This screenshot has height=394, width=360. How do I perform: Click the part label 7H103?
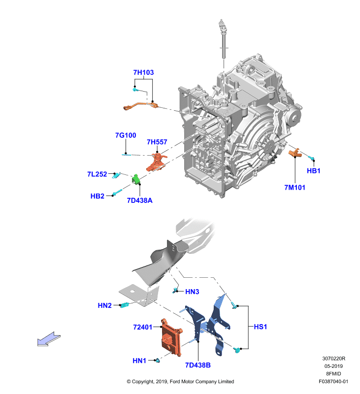tap(143, 72)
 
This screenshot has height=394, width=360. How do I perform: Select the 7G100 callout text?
tap(126, 135)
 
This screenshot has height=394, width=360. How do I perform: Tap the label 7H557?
tap(157, 142)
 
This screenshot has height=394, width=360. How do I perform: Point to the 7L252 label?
tap(97, 174)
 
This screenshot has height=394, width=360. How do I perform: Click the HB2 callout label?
tap(97, 196)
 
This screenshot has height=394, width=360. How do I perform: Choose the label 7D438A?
tap(140, 200)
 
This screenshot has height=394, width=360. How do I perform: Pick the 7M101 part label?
tap(295, 188)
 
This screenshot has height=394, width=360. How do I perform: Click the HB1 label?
tap(314, 171)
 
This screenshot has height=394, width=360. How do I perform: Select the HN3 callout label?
tap(192, 292)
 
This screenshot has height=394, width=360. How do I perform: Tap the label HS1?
tap(260, 327)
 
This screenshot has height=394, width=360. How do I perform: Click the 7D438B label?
tap(197, 365)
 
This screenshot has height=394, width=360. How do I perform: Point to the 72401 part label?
tap(143, 327)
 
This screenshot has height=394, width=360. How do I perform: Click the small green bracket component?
tap(136, 179)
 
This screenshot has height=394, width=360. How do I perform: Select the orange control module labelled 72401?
tap(171, 337)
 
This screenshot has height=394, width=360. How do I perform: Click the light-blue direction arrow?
tap(49, 339)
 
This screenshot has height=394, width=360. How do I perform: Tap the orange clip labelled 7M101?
tap(294, 153)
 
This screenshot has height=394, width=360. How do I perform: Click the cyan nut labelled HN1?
tap(158, 361)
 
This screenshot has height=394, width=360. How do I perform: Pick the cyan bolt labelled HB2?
tap(117, 192)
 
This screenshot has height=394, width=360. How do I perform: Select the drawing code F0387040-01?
tap(333, 381)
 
